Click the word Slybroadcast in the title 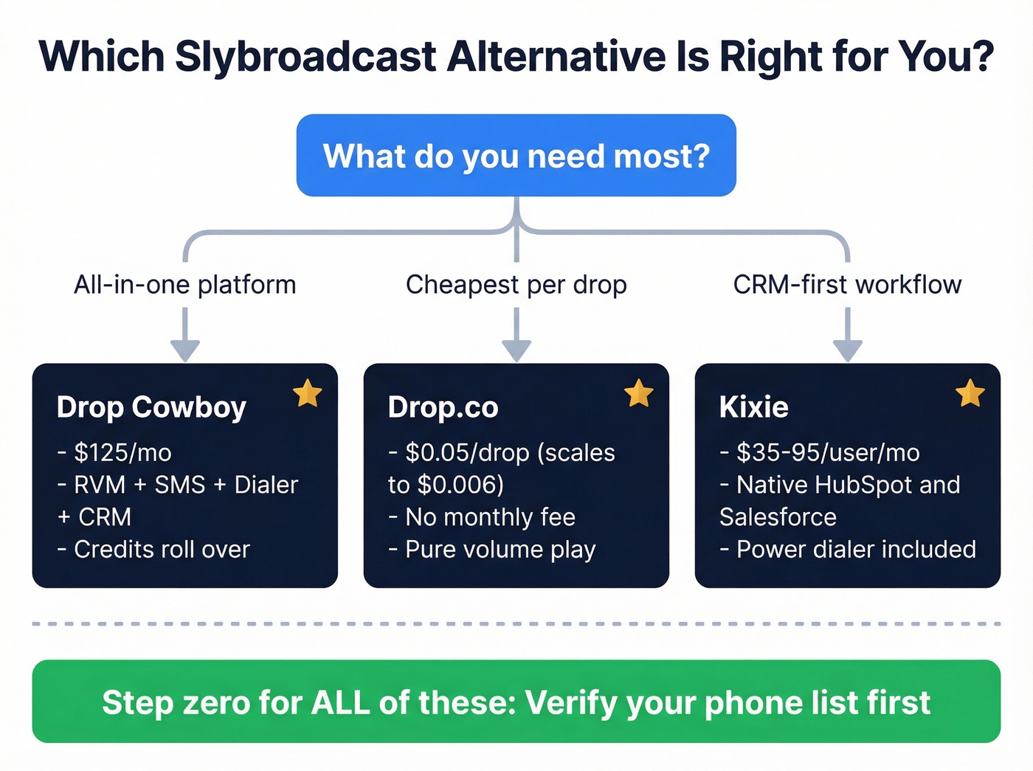click(305, 57)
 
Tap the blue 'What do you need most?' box click(516, 156)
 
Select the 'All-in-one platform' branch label click(184, 285)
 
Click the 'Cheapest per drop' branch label click(516, 285)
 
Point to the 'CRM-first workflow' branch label click(847, 285)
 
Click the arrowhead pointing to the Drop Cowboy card click(184, 350)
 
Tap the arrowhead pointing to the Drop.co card click(516, 350)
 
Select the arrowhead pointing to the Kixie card click(847, 350)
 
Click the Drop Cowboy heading click(151, 407)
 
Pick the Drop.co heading click(443, 407)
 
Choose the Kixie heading click(753, 407)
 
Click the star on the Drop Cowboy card click(307, 393)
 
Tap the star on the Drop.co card click(638, 393)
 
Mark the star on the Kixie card click(970, 393)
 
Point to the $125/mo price click(122, 452)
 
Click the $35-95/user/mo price click(828, 452)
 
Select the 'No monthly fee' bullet click(490, 517)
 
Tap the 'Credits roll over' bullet click(162, 550)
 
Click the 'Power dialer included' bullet click(856, 550)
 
